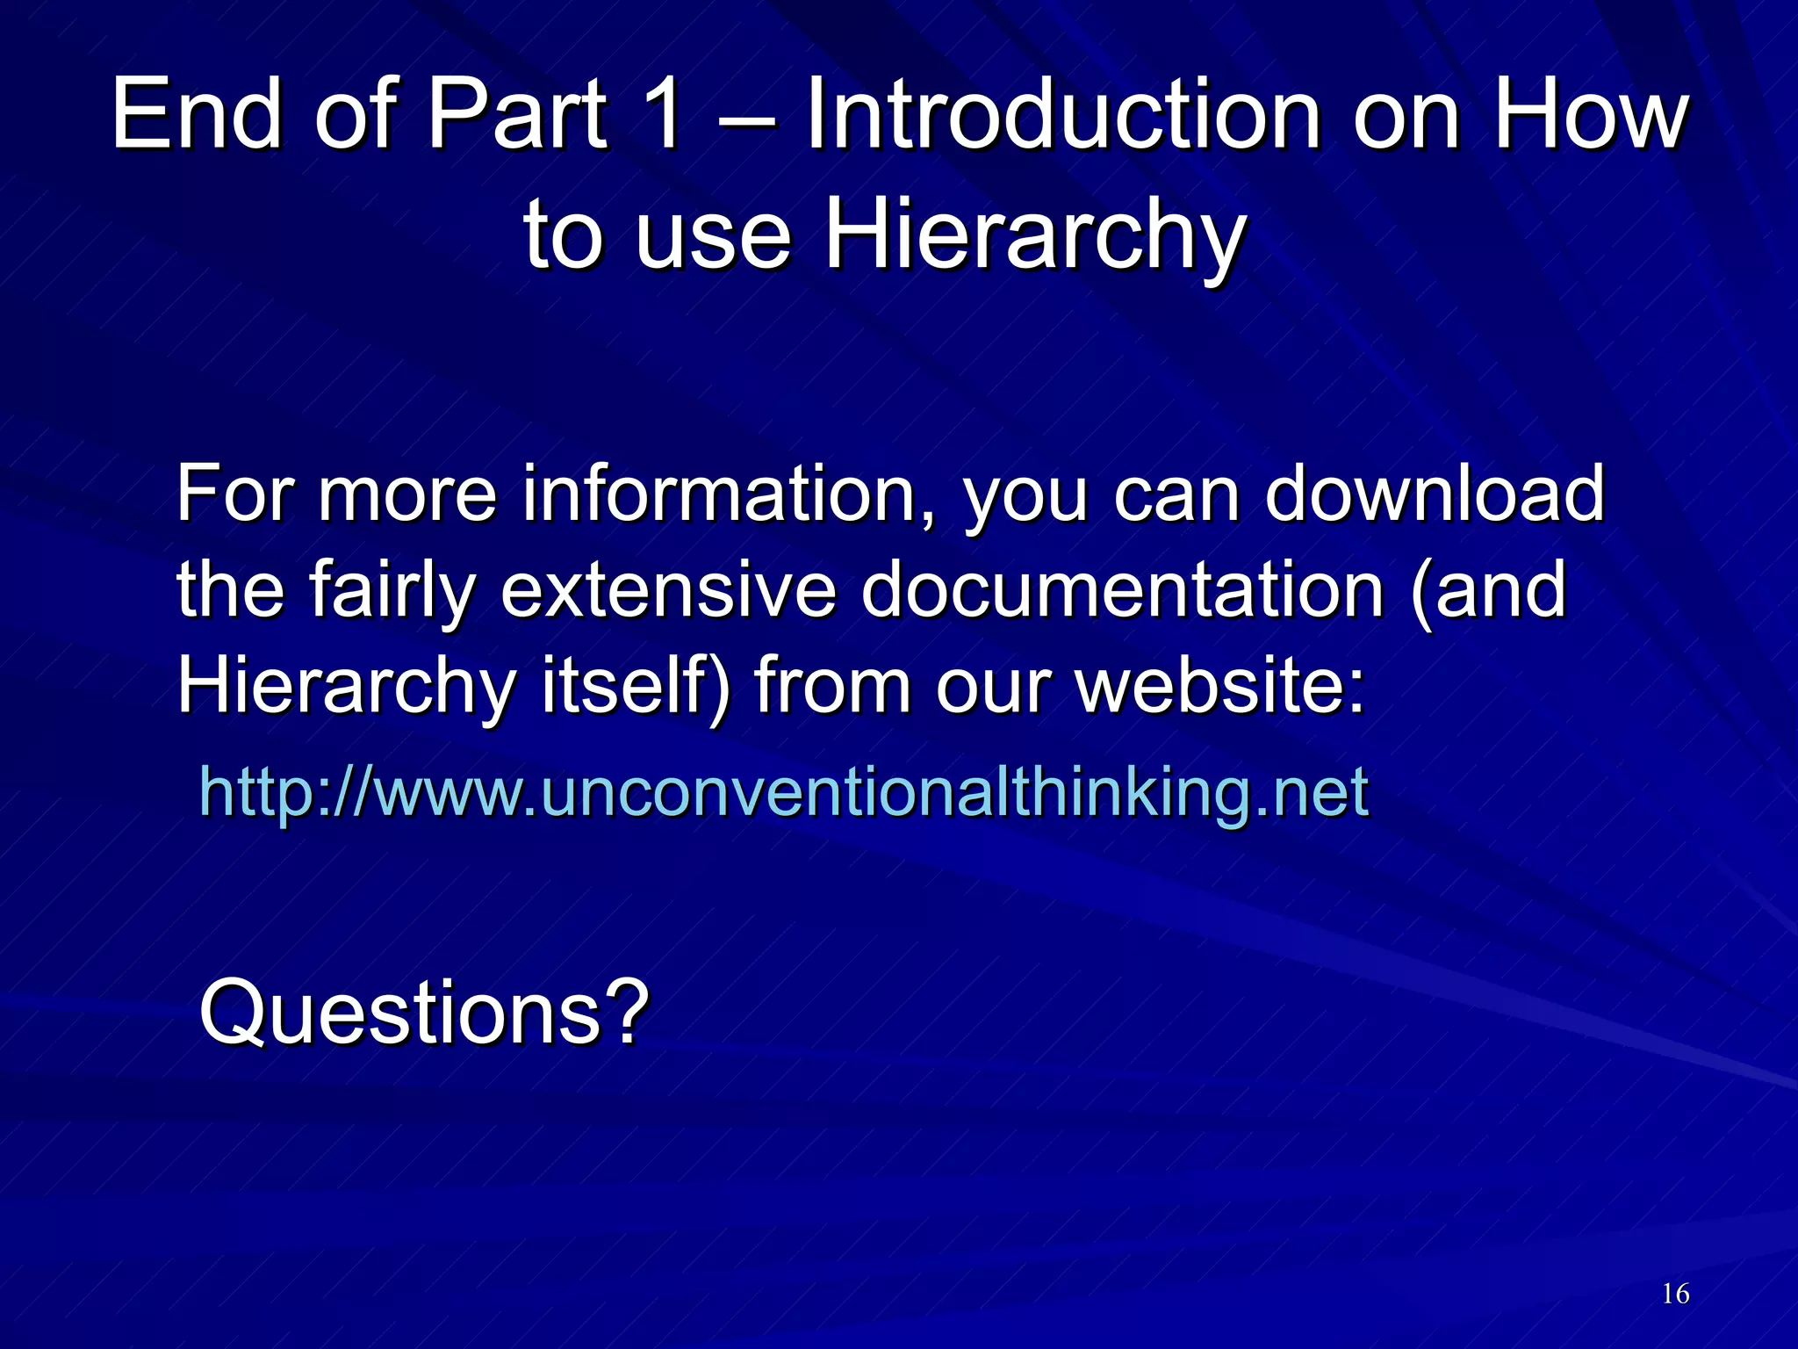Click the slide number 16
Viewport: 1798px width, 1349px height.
pyautogui.click(x=1675, y=1294)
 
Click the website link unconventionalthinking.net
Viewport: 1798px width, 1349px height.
pyautogui.click(x=783, y=792)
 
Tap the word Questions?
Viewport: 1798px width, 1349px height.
pyautogui.click(x=424, y=1013)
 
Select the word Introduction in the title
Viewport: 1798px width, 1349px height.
pyautogui.click(x=1062, y=114)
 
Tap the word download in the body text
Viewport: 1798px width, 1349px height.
pyautogui.click(x=1435, y=494)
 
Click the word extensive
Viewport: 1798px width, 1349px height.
pyautogui.click(x=667, y=590)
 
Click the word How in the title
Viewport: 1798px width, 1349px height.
pyautogui.click(x=1591, y=114)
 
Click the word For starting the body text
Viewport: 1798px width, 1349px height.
pyautogui.click(x=235, y=494)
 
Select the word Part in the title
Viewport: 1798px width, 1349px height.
pyautogui.click(x=517, y=114)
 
